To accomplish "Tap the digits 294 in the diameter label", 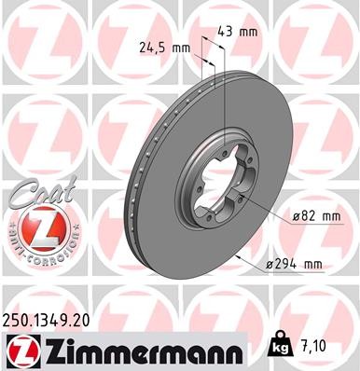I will click(294, 265).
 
